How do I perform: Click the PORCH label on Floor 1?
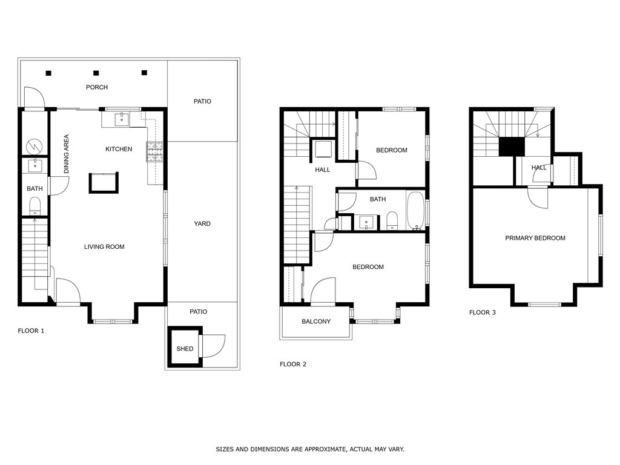tap(97, 87)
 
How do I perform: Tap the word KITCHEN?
tap(119, 149)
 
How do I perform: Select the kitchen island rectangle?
tap(104, 182)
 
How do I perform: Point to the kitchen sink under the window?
tap(123, 118)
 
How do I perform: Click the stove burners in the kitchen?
tap(154, 152)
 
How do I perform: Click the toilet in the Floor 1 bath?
tap(35, 204)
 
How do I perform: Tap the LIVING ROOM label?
tap(104, 246)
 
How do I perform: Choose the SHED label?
tap(185, 349)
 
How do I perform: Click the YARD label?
tap(202, 223)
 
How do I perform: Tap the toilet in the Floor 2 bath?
tap(392, 221)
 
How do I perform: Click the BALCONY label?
tap(316, 321)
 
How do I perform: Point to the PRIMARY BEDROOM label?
tap(535, 238)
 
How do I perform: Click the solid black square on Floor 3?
tap(511, 147)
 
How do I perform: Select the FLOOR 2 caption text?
tap(293, 364)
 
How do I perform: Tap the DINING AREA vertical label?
tap(67, 154)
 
